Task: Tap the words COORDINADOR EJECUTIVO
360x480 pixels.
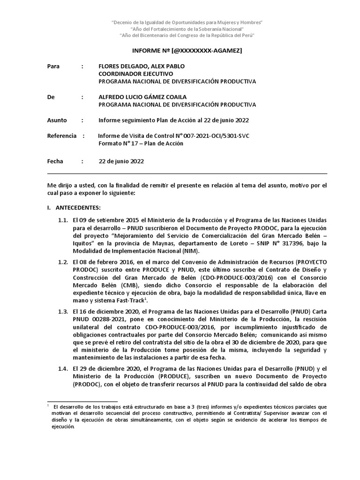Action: [135, 74]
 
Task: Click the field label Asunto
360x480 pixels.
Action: [57, 120]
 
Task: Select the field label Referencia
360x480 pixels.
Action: [62, 136]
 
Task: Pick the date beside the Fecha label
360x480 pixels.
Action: [121, 161]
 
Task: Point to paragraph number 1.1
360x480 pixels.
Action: [63, 220]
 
